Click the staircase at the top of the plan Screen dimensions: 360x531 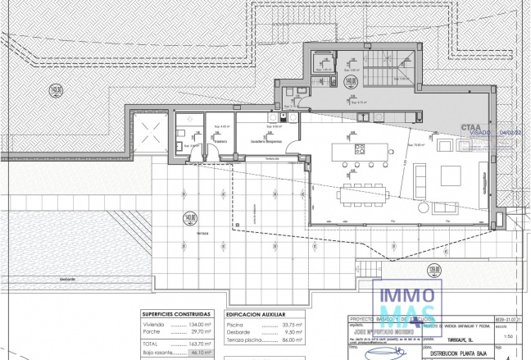coord(386,71)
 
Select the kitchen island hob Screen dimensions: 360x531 coord(359,150)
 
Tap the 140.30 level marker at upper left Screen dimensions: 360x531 coord(57,90)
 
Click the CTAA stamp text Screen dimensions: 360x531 coord(471,128)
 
